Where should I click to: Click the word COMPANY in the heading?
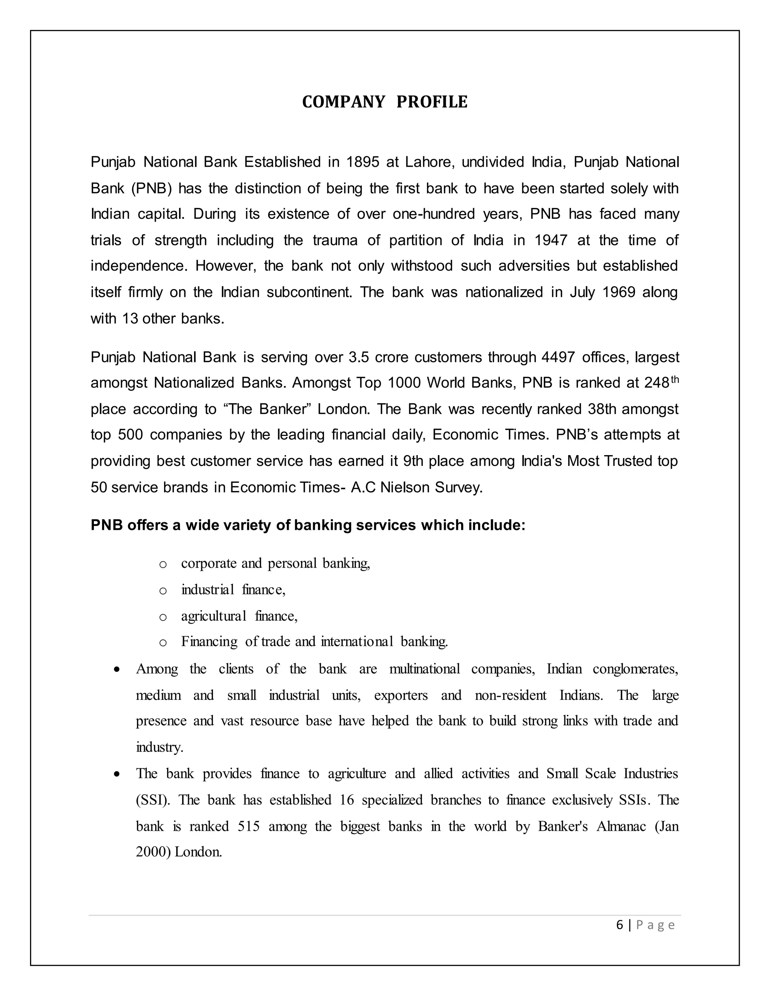344,102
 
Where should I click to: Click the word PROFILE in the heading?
431,102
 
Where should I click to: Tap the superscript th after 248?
674,380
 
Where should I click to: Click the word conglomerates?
635,669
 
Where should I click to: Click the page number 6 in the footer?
620,925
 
